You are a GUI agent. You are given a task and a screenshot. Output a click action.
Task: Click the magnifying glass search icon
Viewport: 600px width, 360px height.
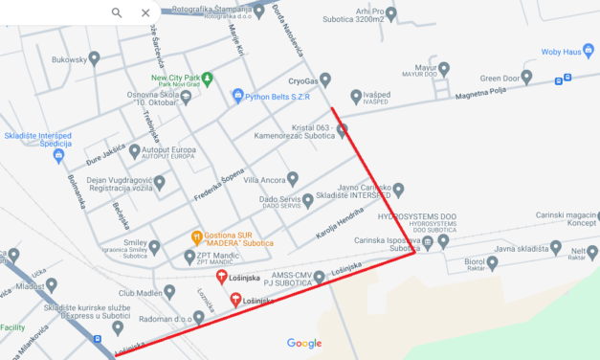pyautogui.click(x=117, y=12)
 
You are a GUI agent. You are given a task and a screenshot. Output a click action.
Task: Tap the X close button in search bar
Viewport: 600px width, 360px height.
pyautogui.click(x=145, y=12)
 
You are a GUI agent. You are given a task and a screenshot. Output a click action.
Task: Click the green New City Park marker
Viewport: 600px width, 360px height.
pyautogui.click(x=209, y=77)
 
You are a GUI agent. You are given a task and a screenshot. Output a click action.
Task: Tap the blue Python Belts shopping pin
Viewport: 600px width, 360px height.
pyautogui.click(x=237, y=97)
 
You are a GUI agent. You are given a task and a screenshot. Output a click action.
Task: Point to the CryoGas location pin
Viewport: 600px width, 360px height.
pyautogui.click(x=325, y=79)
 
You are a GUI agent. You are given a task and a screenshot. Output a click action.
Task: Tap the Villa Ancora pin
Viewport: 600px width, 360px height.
pyautogui.click(x=294, y=180)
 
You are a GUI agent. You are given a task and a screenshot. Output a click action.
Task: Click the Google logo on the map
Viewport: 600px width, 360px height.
pyautogui.click(x=304, y=343)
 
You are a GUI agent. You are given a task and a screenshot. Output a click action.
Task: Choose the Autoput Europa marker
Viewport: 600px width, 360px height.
pyautogui.click(x=133, y=151)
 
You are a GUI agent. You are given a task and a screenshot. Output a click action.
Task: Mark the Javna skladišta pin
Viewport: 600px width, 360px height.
pyautogui.click(x=556, y=248)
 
